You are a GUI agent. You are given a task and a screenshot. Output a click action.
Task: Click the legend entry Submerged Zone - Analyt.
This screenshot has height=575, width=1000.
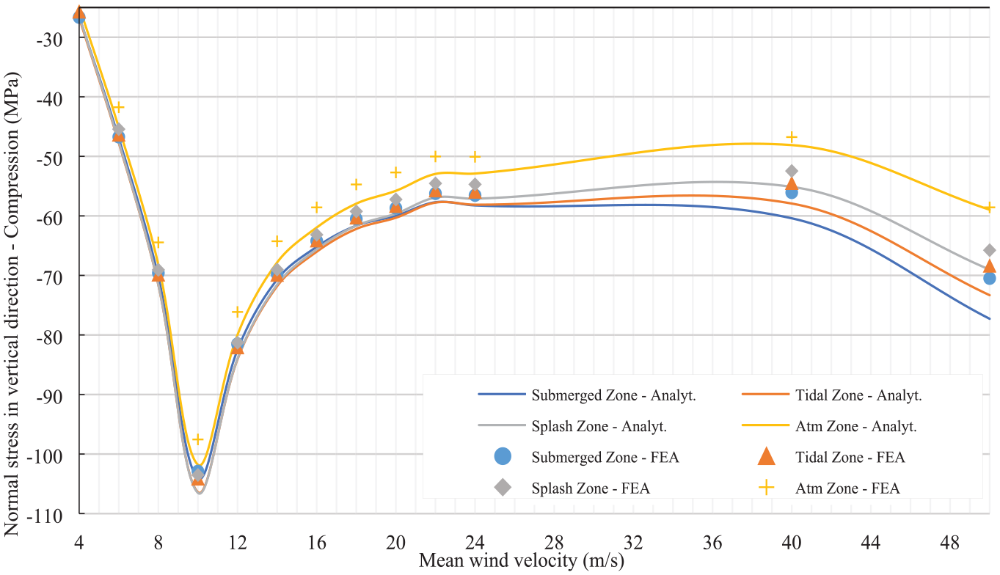pos(587,395)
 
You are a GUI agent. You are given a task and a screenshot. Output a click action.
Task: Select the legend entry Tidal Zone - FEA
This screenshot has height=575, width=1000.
pos(831,457)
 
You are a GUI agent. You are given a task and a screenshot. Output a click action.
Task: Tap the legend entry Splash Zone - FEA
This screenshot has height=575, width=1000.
pos(572,488)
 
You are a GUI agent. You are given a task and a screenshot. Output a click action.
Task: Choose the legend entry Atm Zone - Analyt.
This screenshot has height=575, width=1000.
pos(829,426)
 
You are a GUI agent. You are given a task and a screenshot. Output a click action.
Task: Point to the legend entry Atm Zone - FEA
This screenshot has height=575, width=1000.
pos(829,488)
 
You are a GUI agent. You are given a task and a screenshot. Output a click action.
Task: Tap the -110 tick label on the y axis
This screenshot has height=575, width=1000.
pos(45,516)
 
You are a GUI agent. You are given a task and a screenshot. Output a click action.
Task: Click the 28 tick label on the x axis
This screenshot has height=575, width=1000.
pos(554,543)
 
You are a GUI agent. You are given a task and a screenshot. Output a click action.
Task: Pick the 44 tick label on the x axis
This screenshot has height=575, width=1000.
pos(871,543)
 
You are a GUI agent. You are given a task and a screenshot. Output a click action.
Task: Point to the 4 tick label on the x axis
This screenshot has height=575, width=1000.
pos(79,543)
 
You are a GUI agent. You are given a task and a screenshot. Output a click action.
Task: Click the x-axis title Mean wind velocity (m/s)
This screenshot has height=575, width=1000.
pos(522,561)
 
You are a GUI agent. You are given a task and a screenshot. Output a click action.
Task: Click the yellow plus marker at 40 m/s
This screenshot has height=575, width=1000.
pos(792,137)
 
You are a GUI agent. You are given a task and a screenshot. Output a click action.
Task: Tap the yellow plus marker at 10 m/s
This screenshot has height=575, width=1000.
pos(198,440)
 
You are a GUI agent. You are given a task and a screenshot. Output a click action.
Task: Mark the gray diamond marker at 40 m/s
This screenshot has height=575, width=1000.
pos(792,171)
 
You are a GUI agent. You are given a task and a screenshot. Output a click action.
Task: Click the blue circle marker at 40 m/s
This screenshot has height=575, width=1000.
pos(792,192)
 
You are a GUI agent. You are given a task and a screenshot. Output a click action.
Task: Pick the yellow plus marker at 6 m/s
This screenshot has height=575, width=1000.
pos(118,107)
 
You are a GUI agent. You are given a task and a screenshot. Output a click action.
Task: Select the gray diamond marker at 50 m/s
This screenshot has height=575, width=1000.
pos(990,250)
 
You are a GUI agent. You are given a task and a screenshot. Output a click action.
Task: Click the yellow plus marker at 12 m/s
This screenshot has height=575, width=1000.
pos(237,312)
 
